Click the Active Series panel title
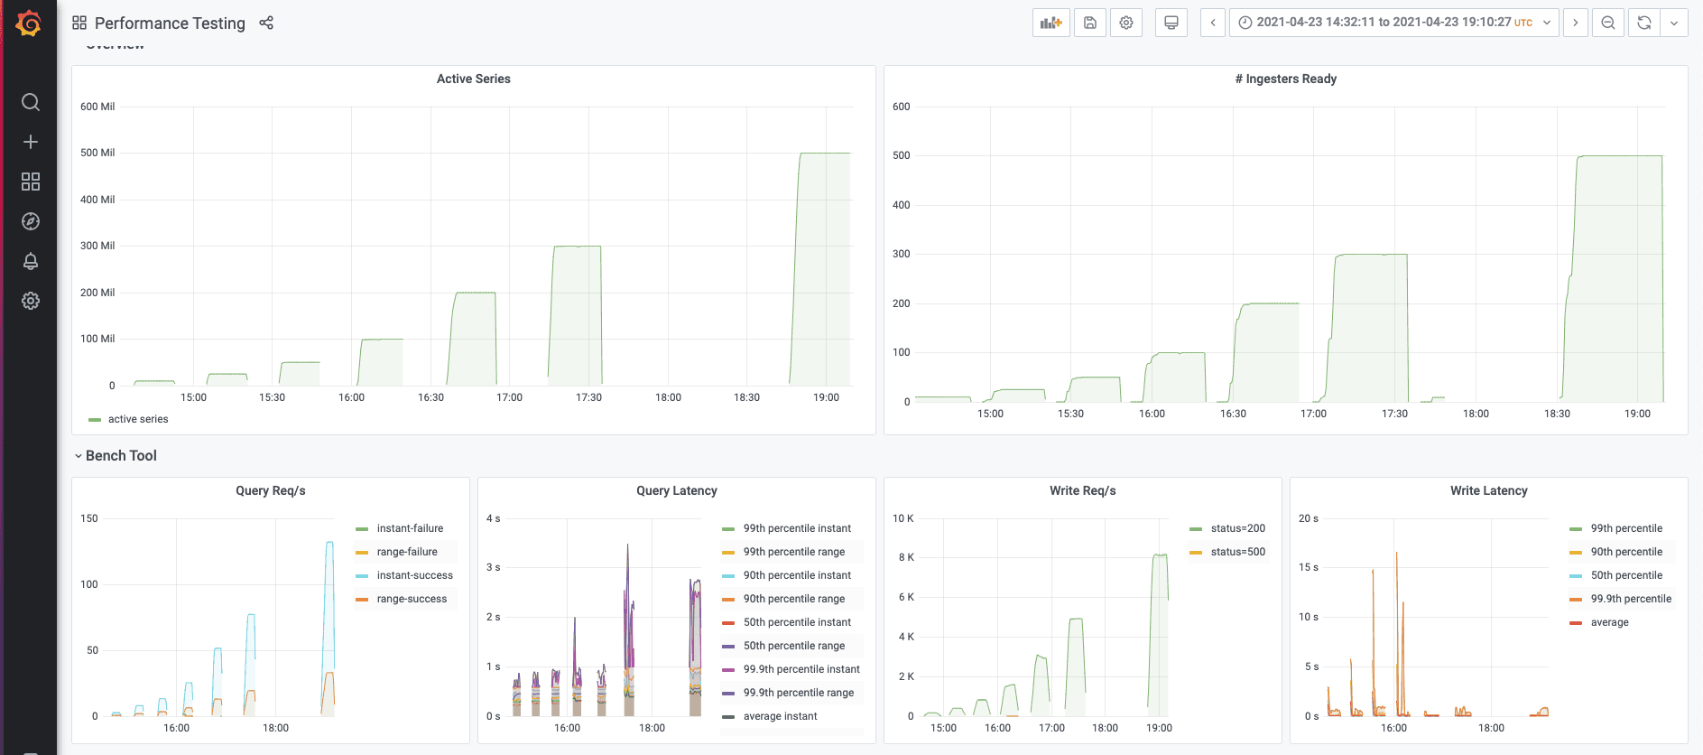coord(473,79)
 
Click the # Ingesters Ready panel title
coord(1285,79)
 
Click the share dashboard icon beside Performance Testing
coord(266,23)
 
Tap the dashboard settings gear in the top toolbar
coord(1126,23)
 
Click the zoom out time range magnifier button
coord(1608,23)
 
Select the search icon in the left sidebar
coord(31,102)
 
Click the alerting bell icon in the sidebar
coord(31,261)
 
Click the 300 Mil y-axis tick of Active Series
coord(97,246)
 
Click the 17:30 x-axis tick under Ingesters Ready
coord(1394,414)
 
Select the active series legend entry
coord(137,419)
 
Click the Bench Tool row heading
coord(121,456)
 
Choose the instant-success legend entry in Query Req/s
coord(414,575)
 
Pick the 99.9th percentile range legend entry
coord(798,693)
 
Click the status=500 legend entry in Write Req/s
coord(1237,552)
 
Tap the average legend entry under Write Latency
coord(1609,622)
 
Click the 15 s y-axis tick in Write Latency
coord(1309,567)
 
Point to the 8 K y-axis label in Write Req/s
coord(906,557)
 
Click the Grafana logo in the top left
coord(29,23)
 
